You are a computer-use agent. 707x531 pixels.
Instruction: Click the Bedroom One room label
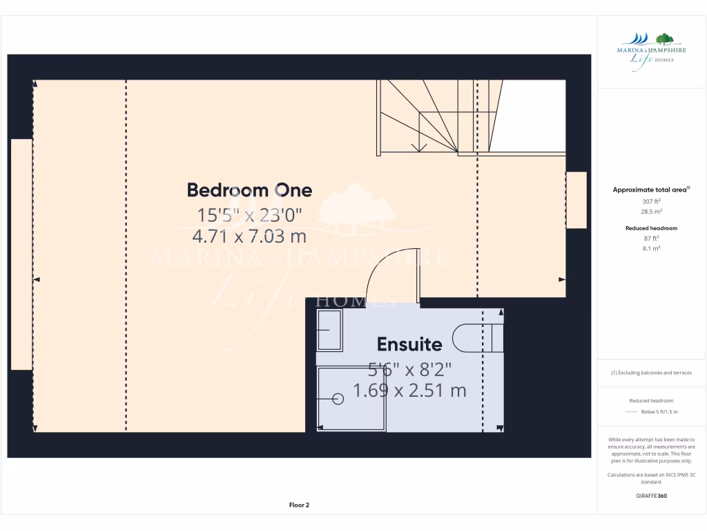point(249,190)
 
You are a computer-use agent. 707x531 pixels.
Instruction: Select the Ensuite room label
point(409,344)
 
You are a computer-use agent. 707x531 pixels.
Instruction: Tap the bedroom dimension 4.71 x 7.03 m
point(249,236)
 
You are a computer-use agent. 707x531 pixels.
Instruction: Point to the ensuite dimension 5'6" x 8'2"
point(409,369)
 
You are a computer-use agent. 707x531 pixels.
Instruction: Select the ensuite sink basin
point(329,330)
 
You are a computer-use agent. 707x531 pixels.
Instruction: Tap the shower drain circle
point(338,398)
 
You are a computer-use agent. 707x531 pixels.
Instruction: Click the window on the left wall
point(21,254)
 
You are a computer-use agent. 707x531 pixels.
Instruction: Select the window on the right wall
point(576,200)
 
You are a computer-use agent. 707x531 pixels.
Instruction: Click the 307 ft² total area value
point(651,201)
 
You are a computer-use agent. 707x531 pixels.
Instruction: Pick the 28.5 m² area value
point(651,212)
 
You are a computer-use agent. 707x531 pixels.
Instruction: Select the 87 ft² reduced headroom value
point(651,239)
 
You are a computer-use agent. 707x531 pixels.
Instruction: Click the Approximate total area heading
point(651,189)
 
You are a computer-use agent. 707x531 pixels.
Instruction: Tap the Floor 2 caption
point(299,505)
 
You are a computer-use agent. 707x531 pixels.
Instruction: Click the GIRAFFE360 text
point(651,496)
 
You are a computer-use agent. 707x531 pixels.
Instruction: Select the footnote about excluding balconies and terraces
point(651,373)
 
